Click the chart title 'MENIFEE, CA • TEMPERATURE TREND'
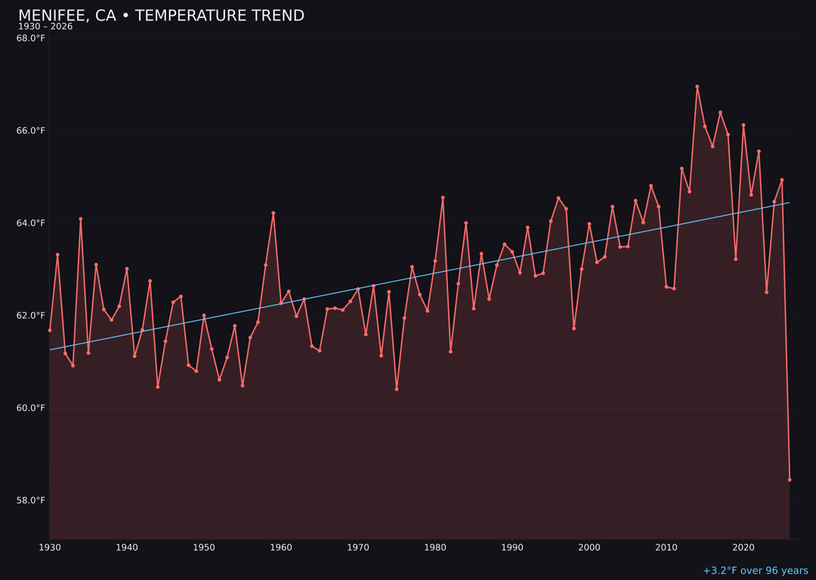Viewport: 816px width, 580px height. (x=161, y=16)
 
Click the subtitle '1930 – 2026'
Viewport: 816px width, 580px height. (x=45, y=27)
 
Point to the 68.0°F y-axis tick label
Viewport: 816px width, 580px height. (x=31, y=39)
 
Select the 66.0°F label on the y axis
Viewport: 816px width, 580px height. (x=31, y=131)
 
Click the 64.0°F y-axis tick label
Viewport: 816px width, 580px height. (x=31, y=223)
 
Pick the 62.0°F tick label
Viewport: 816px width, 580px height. (x=31, y=316)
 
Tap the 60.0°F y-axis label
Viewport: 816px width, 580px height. (x=31, y=408)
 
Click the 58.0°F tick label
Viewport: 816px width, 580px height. (x=31, y=500)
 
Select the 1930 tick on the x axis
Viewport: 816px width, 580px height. (x=50, y=548)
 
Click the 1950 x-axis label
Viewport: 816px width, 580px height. (x=204, y=548)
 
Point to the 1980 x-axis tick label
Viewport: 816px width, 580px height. (x=435, y=548)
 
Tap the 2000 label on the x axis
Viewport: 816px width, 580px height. (x=589, y=548)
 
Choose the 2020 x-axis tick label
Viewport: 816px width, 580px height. (x=743, y=548)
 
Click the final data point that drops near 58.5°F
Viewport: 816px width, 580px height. (x=790, y=480)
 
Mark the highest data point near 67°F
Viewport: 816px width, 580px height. (x=697, y=87)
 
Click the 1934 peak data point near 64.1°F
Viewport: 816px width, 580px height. (x=81, y=219)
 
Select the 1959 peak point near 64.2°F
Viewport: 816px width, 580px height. (x=274, y=213)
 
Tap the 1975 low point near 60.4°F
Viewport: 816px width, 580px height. (x=397, y=389)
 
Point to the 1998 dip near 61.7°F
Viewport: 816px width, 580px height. (x=573, y=329)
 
